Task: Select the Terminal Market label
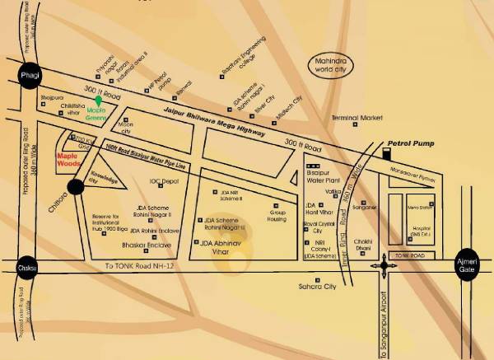[358, 118]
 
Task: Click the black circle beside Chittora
[76, 187]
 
